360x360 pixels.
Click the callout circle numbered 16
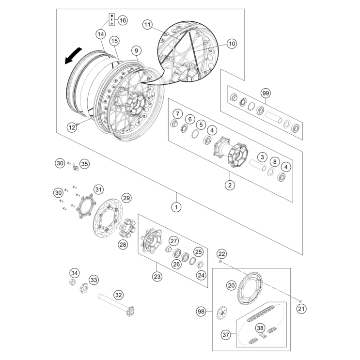[x=122, y=20]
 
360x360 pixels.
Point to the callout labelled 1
[x=177, y=207]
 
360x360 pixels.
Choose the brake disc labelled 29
[x=110, y=220]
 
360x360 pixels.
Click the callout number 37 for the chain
[x=225, y=335]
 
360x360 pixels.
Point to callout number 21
[x=301, y=309]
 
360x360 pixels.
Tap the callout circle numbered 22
[x=221, y=253]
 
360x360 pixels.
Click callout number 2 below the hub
[x=230, y=184]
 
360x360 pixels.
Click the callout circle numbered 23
[x=157, y=276]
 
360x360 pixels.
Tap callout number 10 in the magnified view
[x=231, y=44]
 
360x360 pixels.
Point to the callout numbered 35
[x=84, y=163]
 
